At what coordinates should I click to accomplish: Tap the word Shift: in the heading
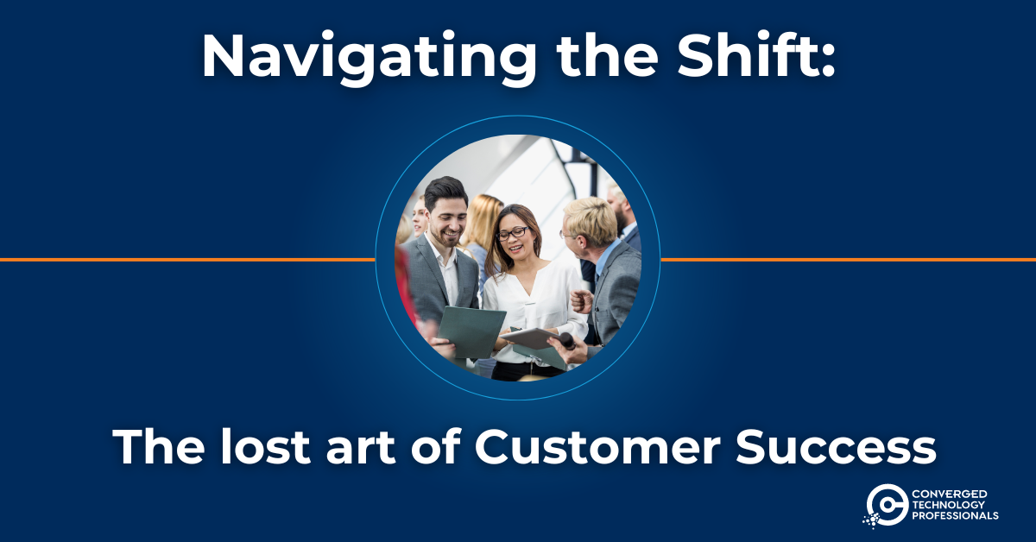pos(755,54)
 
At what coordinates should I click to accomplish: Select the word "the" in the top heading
pos(607,55)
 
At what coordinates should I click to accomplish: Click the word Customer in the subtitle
pos(597,447)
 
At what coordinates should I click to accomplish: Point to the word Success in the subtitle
pos(836,447)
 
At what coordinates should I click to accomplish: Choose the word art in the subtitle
pos(361,449)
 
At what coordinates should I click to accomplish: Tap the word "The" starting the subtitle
pos(159,447)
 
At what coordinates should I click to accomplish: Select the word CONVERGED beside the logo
pos(949,494)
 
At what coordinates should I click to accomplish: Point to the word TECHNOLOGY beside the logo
pos(948,505)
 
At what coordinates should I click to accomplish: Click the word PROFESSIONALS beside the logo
pos(955,515)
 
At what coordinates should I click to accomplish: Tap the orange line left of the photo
pos(187,260)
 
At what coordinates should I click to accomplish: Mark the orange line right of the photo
pos(848,260)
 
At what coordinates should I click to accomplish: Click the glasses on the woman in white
pos(513,234)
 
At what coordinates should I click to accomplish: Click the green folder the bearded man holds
pos(471,331)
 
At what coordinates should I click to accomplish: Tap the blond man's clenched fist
pos(581,301)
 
